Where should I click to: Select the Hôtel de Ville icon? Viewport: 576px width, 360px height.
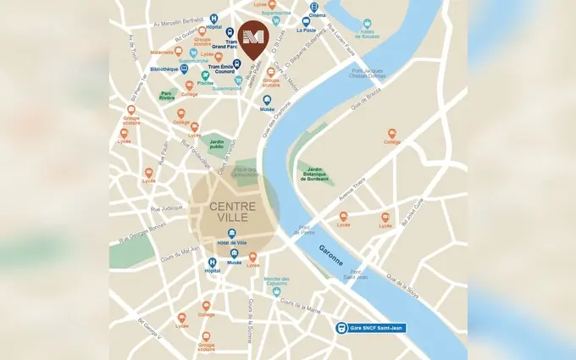232,233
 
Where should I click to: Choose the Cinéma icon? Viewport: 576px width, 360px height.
315,6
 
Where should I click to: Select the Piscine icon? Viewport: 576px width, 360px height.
203,75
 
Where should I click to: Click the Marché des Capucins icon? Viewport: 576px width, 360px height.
277,291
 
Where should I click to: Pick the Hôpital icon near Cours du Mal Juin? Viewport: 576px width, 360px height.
212,263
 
